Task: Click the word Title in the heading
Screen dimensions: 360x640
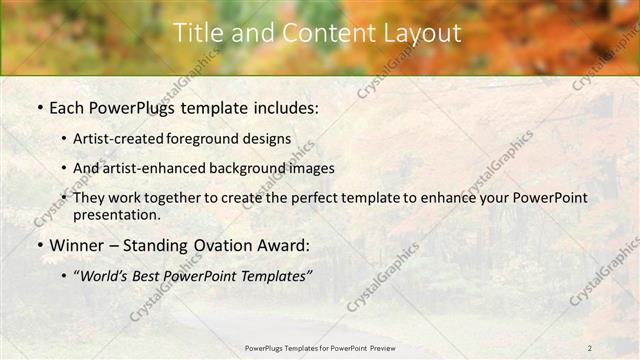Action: point(198,33)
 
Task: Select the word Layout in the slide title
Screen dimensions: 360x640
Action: point(424,33)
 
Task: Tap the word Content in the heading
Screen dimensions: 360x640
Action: point(323,33)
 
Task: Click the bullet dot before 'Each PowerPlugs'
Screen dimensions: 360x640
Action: point(38,107)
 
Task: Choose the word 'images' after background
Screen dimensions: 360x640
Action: point(312,168)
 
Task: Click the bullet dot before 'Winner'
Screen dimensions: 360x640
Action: point(38,245)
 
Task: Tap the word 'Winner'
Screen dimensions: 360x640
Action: point(77,245)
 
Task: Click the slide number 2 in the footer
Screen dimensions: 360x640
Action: point(589,348)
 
